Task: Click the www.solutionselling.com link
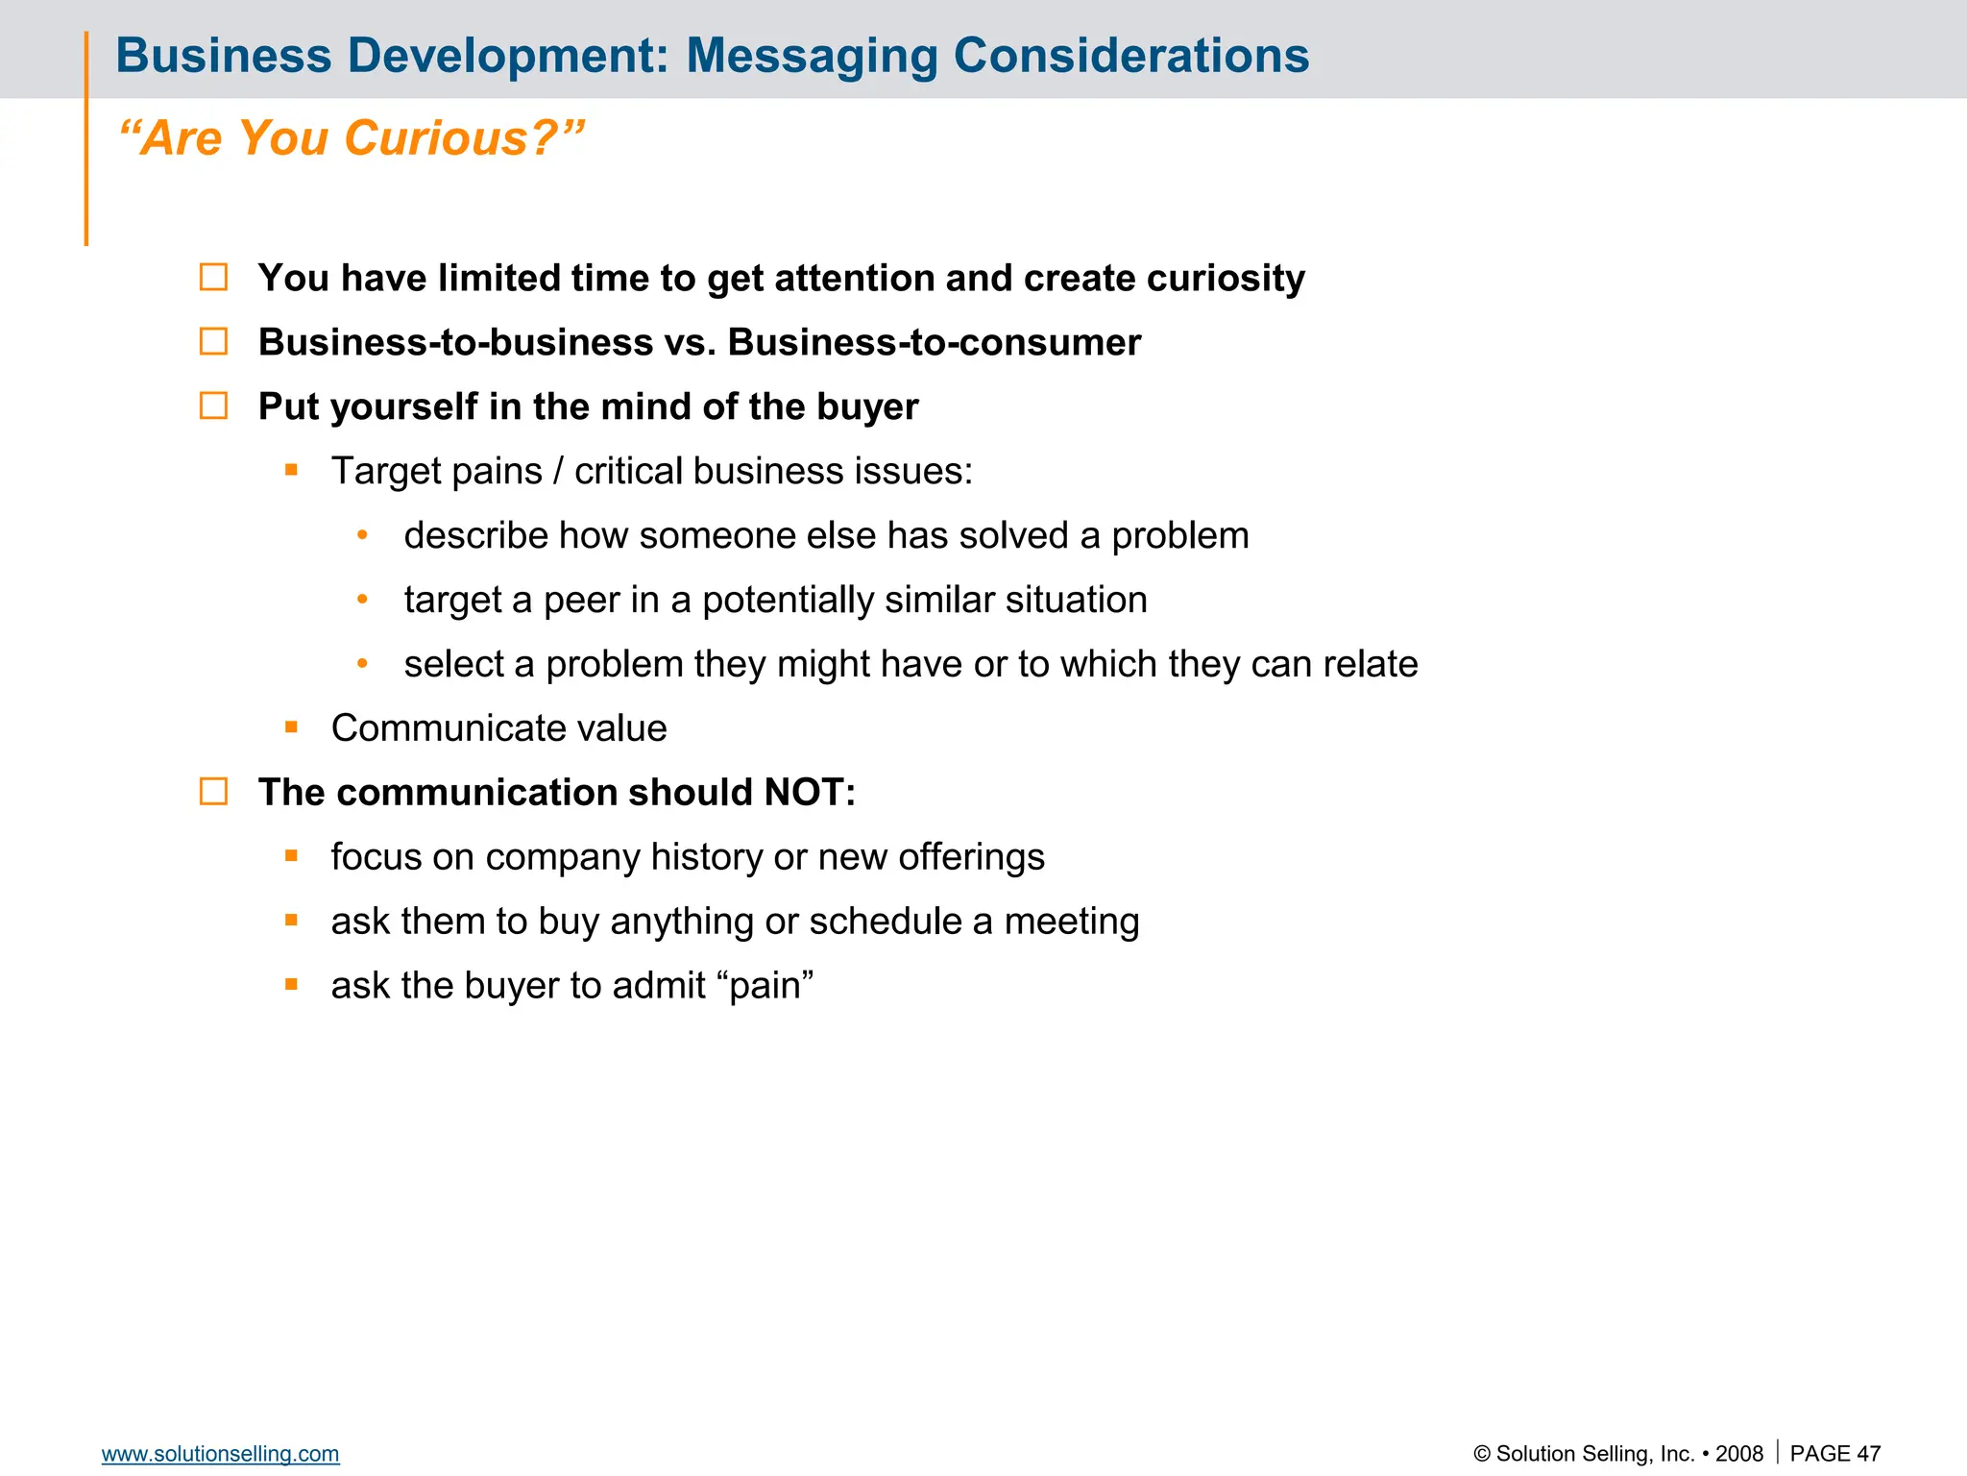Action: tap(220, 1454)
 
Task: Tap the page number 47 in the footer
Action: tap(1868, 1454)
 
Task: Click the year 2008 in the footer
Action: tap(1738, 1454)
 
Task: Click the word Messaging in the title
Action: tap(812, 56)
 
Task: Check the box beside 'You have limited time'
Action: tap(213, 278)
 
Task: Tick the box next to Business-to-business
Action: tap(213, 342)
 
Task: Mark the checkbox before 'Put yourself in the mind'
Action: tap(213, 406)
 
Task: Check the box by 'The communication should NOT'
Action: tap(213, 792)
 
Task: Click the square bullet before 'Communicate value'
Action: tap(291, 727)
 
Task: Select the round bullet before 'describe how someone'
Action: tap(362, 535)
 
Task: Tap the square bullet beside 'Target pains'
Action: tap(291, 471)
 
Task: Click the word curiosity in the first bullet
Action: tap(1226, 279)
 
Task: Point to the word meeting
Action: tap(1072, 922)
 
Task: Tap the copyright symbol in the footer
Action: tap(1482, 1454)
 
